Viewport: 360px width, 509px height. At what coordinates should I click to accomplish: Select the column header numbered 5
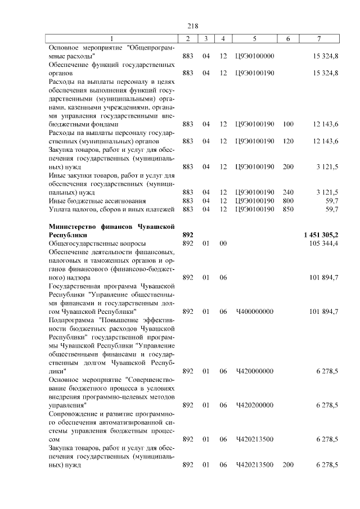pos(255,38)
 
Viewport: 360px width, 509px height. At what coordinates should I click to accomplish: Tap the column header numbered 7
pos(319,38)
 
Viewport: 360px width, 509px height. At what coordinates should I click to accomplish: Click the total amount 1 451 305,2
pos(318,234)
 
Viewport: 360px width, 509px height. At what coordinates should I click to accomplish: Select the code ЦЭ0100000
pos(255,57)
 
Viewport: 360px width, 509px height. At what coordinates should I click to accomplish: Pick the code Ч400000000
pos(255,312)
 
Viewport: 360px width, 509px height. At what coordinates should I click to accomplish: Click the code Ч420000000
pos(255,371)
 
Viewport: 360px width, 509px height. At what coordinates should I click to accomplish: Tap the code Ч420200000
pos(255,405)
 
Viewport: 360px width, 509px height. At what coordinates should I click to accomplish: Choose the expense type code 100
pos(289,124)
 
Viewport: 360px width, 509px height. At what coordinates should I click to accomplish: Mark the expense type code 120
pos(289,141)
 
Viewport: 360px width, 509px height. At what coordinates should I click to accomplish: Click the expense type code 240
pos(289,192)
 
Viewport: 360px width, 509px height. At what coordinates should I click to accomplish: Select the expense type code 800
pos(289,201)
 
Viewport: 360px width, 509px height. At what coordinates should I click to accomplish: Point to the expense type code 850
pos(289,209)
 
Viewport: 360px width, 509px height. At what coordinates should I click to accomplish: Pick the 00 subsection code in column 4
pos(223,244)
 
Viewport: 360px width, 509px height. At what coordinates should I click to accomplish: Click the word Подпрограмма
pos(73,320)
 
